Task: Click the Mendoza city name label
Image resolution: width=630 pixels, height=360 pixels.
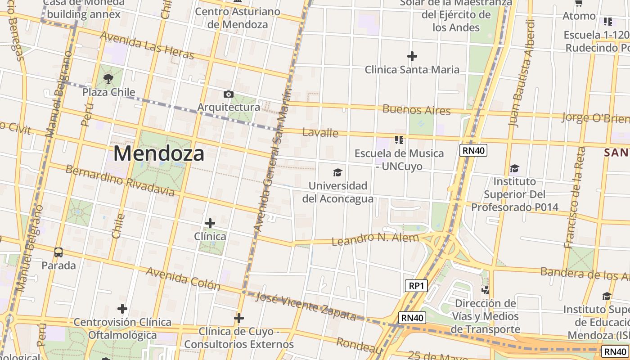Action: coord(159,153)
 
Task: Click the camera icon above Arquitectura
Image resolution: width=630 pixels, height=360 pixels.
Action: coord(229,94)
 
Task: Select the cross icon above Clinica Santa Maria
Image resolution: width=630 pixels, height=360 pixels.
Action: coord(412,56)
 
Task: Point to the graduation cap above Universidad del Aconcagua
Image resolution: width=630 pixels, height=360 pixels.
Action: coord(337,172)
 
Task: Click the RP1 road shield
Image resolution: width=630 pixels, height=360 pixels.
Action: coord(416,286)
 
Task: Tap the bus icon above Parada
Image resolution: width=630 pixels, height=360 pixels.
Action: coord(58,252)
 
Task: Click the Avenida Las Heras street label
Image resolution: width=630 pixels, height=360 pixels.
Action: coord(147,45)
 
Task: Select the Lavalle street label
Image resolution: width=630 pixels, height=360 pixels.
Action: coord(320,132)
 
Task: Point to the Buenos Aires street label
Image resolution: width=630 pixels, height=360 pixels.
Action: coord(416,110)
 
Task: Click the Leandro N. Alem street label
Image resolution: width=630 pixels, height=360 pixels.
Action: coord(375,239)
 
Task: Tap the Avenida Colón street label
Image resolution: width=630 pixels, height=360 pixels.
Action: coord(183,279)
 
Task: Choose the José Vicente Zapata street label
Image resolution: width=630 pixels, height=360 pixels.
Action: coord(306,306)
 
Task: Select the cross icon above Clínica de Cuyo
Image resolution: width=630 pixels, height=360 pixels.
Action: coord(239,319)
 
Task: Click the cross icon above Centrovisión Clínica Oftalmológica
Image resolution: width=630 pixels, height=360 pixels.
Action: coord(122,309)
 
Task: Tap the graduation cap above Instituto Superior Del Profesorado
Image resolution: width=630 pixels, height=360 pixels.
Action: coord(514,169)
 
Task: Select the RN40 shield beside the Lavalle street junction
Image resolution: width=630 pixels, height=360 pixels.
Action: coord(473,150)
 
